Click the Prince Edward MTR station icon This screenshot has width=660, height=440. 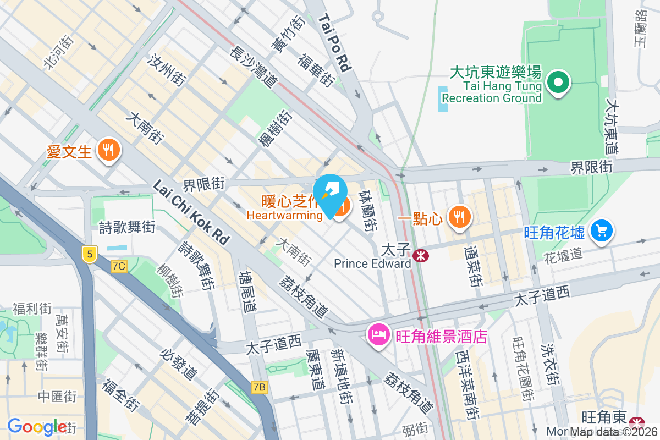(x=421, y=255)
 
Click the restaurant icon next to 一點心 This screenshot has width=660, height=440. (x=459, y=216)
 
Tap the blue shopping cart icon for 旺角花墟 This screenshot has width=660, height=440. (x=602, y=230)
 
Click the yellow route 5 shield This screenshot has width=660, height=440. (x=89, y=254)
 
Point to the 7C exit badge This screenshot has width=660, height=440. (x=118, y=266)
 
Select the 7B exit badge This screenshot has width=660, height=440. (x=259, y=387)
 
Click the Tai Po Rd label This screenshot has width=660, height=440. (x=335, y=43)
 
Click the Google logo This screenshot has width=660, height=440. (x=37, y=427)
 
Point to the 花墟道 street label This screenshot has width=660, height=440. (x=563, y=255)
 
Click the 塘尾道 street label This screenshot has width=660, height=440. (x=248, y=291)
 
